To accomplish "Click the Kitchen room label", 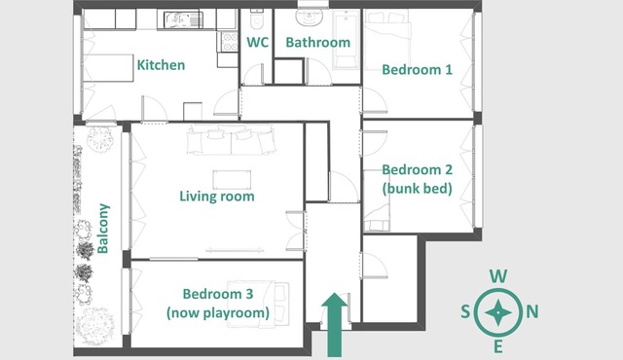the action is point(161,65).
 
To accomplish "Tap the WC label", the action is point(257,42).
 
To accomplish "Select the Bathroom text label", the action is point(318,42).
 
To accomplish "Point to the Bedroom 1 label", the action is point(418,69).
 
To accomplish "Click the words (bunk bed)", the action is point(418,188).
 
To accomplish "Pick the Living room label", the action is point(217,197).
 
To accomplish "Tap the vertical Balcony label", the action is point(103,229).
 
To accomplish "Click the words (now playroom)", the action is point(218,312).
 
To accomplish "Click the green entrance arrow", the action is point(335,325).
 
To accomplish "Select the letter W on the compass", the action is point(497,276).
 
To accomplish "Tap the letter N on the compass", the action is point(532,312).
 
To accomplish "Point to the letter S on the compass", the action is point(465,312).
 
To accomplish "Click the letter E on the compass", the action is point(497,347).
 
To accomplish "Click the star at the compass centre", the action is point(497,312).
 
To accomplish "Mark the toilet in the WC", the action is point(257,18).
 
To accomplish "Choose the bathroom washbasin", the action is point(310,17).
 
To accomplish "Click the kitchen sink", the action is point(184,19).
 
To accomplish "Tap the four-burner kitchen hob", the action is point(230,42).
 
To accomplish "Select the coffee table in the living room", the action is point(232,180).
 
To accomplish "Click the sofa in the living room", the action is point(232,139).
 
